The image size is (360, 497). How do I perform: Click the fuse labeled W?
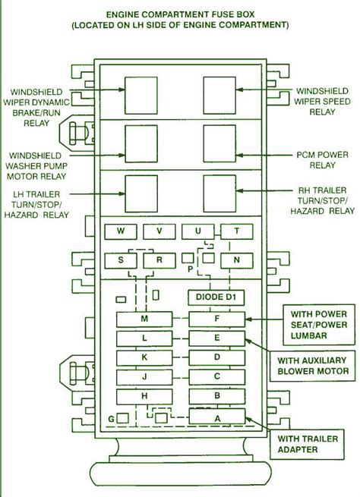coord(121,231)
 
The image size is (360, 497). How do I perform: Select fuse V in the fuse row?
coord(159,231)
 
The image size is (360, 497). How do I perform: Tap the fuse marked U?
coord(198,231)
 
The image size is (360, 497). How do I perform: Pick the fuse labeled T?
coord(237,231)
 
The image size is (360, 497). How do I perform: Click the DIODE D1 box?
coord(216,297)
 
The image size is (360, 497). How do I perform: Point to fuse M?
coord(144,319)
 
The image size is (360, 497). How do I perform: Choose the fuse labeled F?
coord(217,319)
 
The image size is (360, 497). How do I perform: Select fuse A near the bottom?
coord(217,416)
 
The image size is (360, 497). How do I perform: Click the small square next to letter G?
coord(123,418)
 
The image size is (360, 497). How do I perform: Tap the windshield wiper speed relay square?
coord(219,96)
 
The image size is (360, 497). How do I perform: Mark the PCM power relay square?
coord(219,143)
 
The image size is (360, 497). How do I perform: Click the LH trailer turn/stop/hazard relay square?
coord(141,193)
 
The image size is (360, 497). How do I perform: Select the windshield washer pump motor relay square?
coord(141,144)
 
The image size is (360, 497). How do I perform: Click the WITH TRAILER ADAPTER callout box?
coord(307,445)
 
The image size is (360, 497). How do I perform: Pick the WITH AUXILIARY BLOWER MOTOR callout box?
coord(312,366)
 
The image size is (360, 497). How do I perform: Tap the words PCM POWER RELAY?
coord(322,160)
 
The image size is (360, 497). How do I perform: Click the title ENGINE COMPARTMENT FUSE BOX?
coord(180,14)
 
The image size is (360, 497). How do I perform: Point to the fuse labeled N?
coord(237,260)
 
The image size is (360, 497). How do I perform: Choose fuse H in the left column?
coord(144,397)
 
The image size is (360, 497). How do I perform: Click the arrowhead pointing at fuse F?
coord(248,319)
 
